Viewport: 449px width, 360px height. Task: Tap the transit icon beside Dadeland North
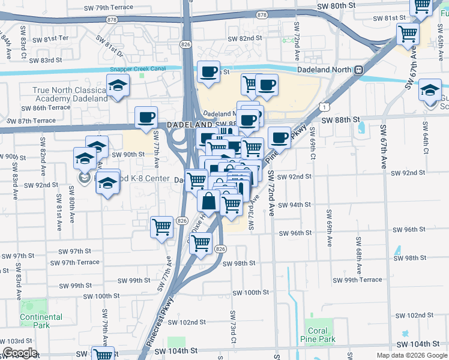(359, 70)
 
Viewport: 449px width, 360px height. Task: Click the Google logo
(20, 353)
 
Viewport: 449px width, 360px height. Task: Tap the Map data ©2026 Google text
(411, 355)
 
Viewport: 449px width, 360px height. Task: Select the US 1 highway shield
(324, 107)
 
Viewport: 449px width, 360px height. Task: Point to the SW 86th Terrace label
(46, 108)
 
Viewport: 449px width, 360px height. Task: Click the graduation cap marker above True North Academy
(118, 85)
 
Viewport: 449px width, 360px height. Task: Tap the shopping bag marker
(208, 201)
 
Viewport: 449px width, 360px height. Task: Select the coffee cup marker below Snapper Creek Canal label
(208, 72)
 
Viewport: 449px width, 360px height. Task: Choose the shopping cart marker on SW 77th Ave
(161, 227)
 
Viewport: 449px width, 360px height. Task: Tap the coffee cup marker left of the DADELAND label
(146, 117)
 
